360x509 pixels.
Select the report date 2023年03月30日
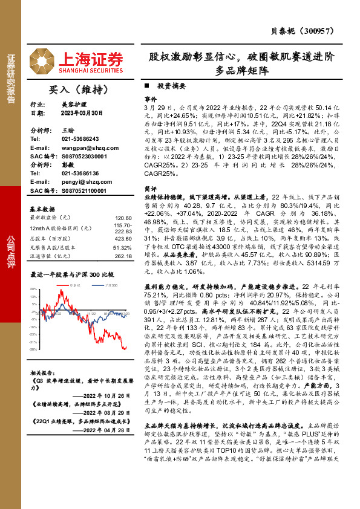(x=83, y=112)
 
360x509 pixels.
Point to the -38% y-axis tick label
(x=33, y=349)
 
